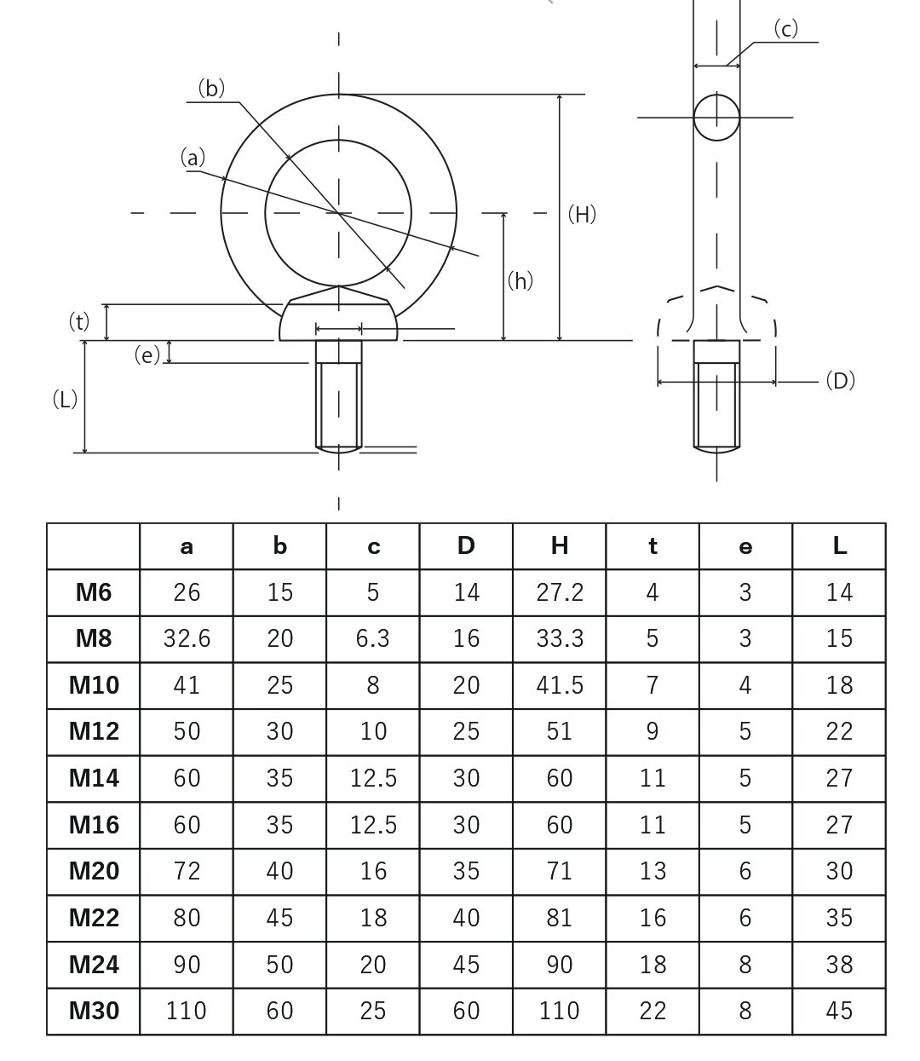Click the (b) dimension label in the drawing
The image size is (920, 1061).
pos(211,89)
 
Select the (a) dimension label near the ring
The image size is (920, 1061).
pos(193,158)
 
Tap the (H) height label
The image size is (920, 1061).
pos(582,214)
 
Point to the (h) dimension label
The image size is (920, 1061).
pos(520,280)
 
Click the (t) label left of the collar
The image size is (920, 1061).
pos(78,321)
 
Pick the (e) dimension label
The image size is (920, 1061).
pos(147,355)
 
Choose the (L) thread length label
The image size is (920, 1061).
pos(65,399)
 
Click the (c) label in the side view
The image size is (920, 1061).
pos(785,29)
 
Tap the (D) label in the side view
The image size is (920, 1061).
pos(840,381)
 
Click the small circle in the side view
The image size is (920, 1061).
pos(716,117)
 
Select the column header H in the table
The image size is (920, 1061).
pos(559,546)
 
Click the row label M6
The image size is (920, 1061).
pos(94,592)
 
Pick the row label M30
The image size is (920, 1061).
pos(94,1011)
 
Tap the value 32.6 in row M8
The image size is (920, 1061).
pos(187,639)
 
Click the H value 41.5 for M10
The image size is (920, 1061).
pos(559,685)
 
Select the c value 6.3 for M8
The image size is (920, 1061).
pos(373,639)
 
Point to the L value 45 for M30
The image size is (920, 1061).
pos(839,1011)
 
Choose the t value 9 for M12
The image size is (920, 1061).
pos(653,731)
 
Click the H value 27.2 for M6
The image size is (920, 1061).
pos(559,592)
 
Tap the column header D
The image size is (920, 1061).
pos(466,546)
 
